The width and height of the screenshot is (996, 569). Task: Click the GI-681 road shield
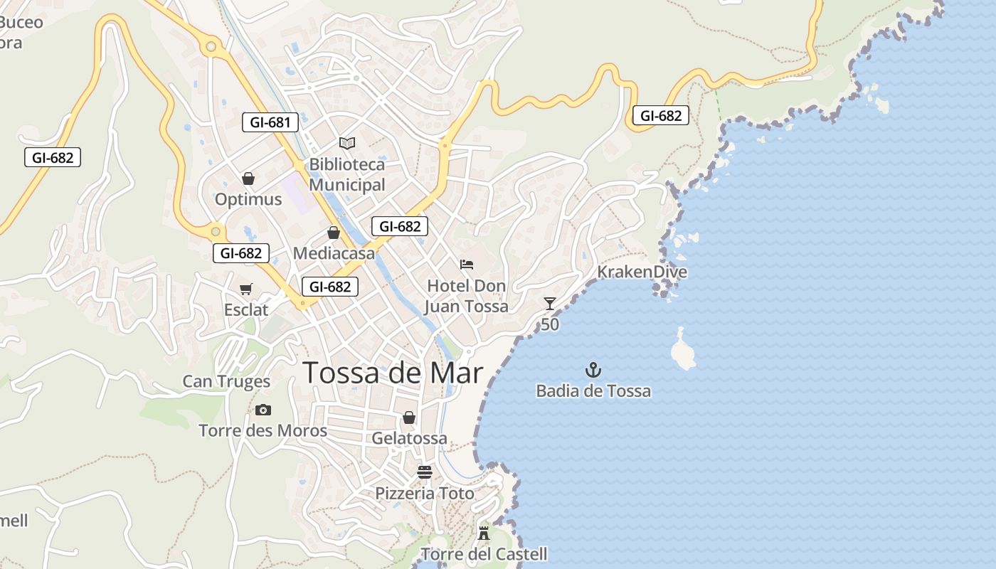(270, 122)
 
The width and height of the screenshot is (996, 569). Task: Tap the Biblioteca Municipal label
(347, 174)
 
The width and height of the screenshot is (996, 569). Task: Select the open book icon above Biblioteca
(347, 143)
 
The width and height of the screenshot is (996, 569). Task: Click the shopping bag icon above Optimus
(248, 179)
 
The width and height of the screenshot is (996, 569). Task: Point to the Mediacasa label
(334, 253)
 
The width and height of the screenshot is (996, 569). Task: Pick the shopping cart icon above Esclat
(246, 289)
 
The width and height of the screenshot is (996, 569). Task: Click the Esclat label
(246, 310)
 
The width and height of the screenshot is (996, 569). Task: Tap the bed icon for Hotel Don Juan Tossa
(467, 265)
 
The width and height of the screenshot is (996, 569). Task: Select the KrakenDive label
(642, 272)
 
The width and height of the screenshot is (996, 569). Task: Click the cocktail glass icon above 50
(550, 304)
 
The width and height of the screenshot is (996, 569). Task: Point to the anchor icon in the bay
(593, 370)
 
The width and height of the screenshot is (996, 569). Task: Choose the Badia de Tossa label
(593, 390)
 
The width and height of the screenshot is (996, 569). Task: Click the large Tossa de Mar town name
(393, 373)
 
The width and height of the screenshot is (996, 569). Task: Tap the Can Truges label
(226, 381)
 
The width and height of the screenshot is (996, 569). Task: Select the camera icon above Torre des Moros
(263, 410)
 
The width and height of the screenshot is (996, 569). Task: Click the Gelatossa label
(409, 438)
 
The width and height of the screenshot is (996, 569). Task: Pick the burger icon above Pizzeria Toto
(425, 472)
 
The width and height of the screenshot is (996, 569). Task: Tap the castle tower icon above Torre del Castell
(484, 533)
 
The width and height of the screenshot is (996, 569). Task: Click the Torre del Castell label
(484, 554)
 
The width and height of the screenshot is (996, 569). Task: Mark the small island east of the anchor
(684, 352)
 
